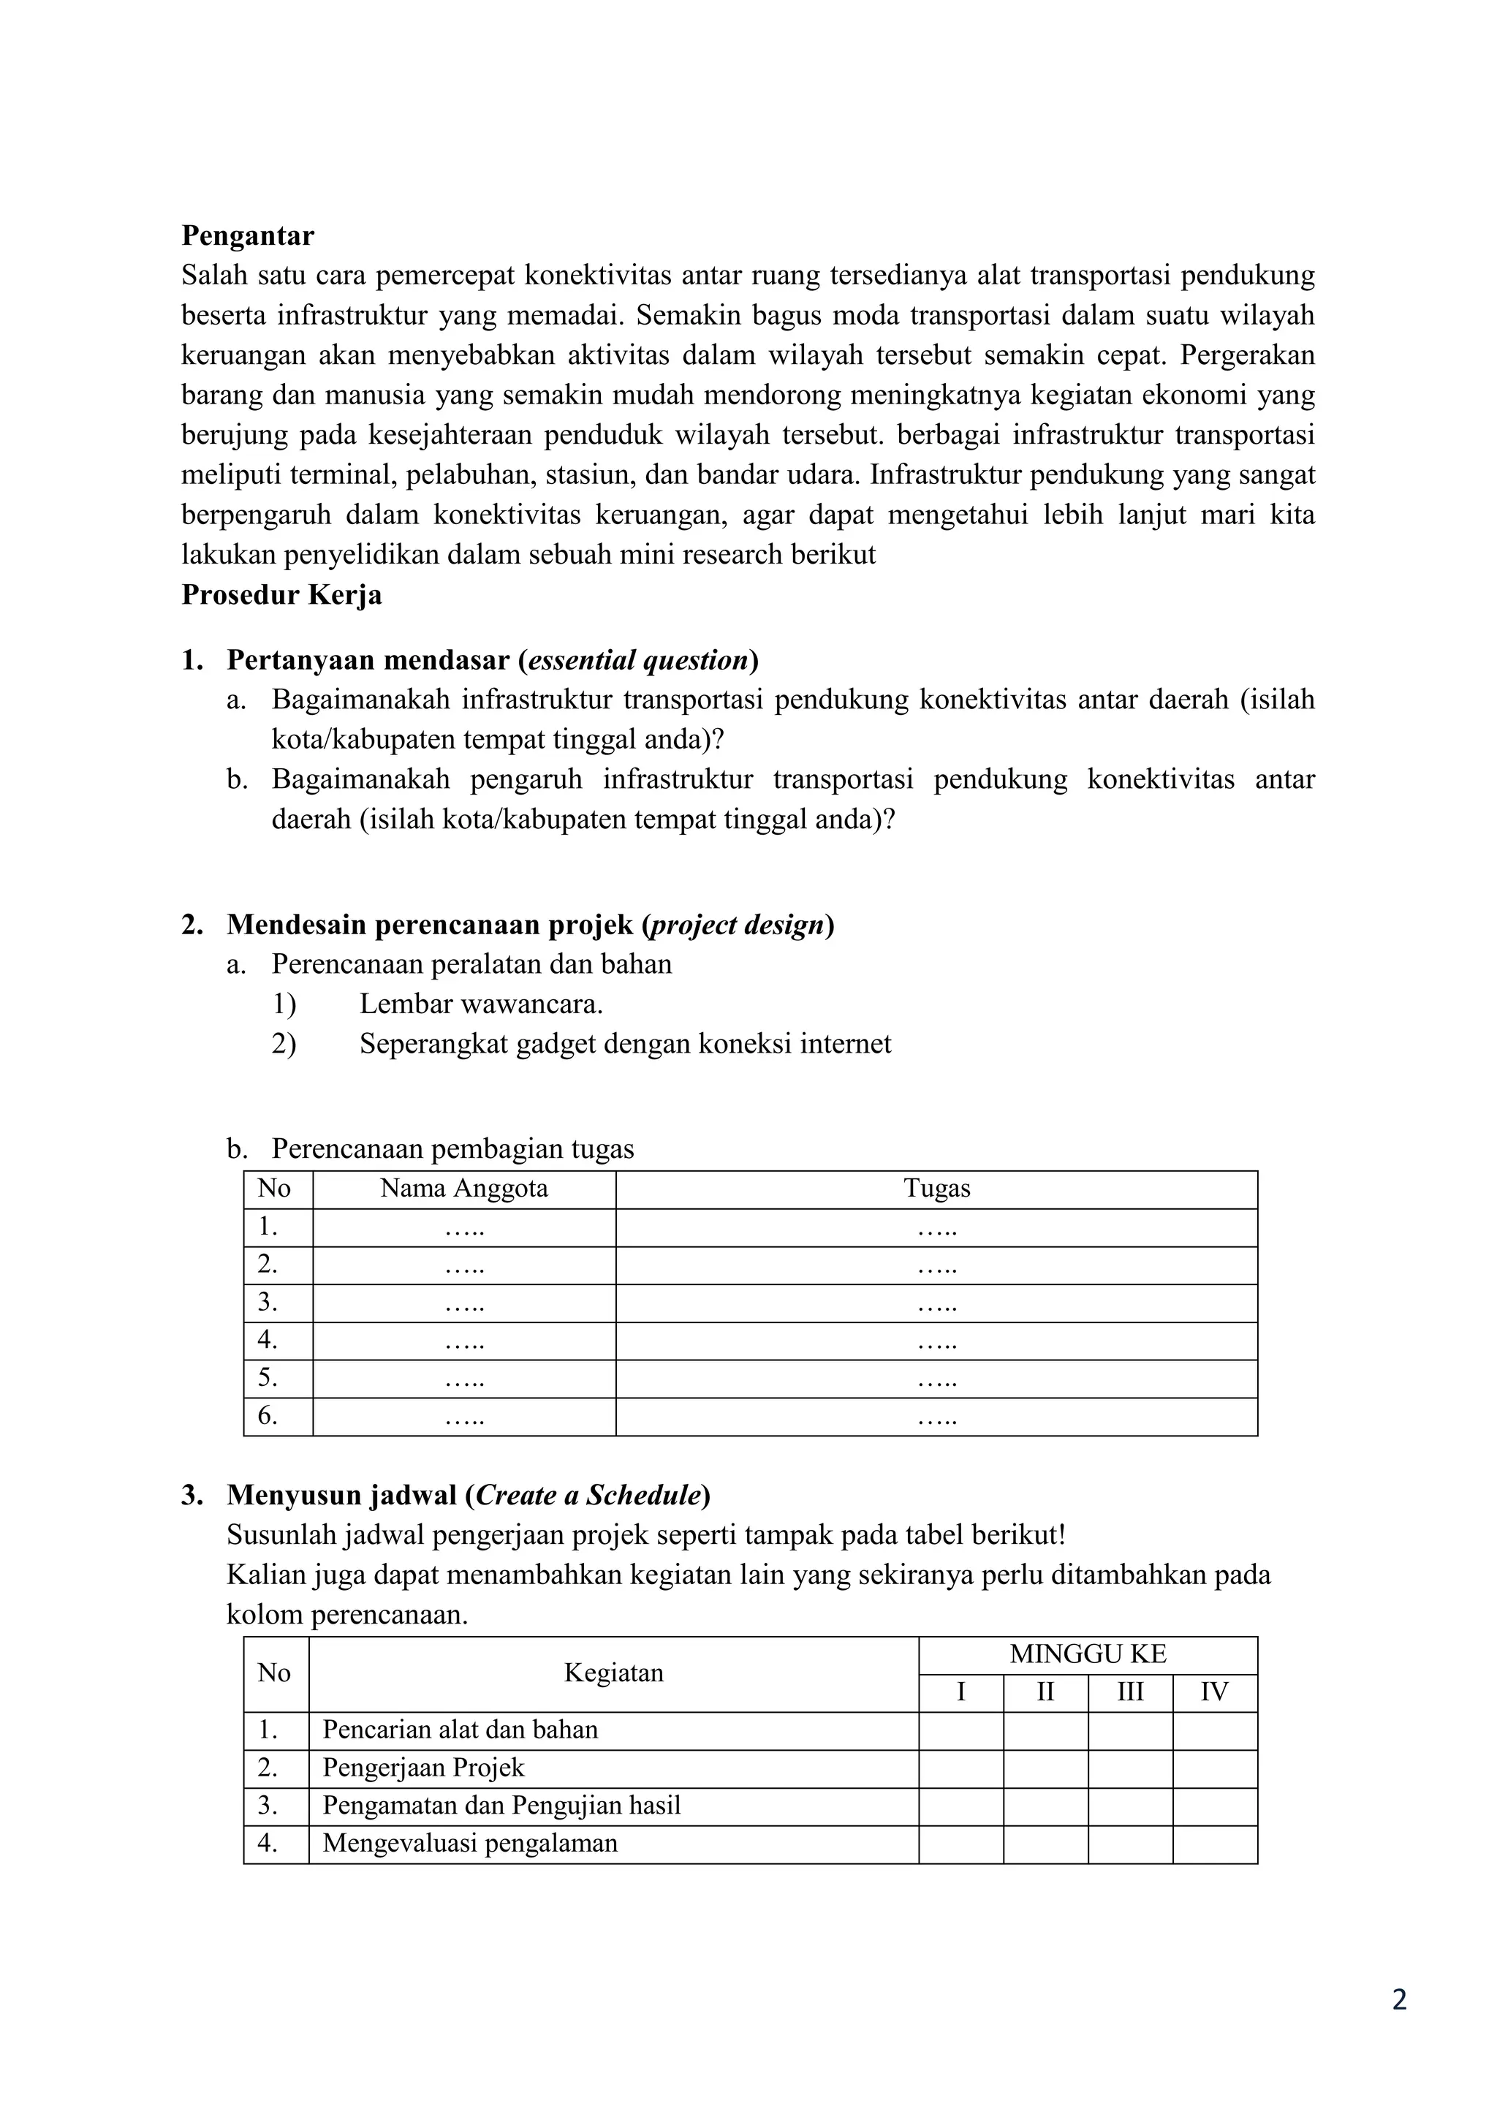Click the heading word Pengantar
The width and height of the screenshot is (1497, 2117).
[247, 236]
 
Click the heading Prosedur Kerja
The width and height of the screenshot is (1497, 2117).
[281, 595]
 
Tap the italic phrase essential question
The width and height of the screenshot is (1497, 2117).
[637, 660]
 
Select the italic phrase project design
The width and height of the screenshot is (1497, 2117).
[738, 925]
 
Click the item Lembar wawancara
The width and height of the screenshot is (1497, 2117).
[480, 1004]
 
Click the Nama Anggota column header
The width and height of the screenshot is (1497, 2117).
[463, 1189]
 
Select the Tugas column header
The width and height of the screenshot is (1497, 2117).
[936, 1189]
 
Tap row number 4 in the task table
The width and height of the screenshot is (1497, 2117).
[268, 1340]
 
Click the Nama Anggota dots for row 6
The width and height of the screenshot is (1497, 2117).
[463, 1416]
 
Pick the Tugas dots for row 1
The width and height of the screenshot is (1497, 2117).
[936, 1227]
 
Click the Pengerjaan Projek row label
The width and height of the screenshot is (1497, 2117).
[423, 1768]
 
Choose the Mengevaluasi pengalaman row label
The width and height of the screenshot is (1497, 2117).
[469, 1843]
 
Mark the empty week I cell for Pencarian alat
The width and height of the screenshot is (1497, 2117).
[960, 1730]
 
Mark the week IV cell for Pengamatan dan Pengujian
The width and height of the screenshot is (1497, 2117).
[1214, 1806]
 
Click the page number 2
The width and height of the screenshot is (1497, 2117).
[1398, 2026]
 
